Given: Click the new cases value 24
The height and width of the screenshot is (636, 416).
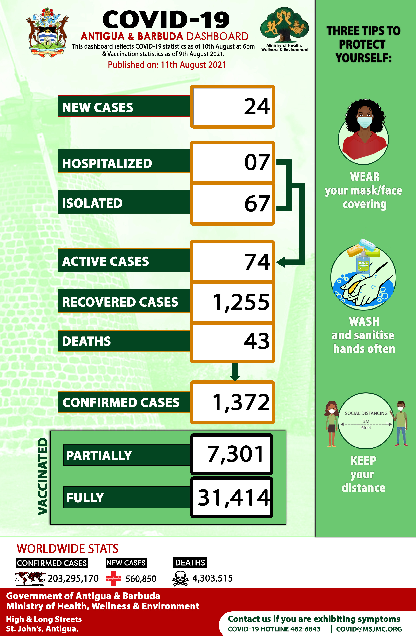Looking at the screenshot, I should pyautogui.click(x=257, y=107).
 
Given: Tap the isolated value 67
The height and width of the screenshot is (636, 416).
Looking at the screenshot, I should pyautogui.click(x=257, y=204).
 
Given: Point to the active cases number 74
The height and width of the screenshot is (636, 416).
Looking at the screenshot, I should pyautogui.click(x=257, y=262).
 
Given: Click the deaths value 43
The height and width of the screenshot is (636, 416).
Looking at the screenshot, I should pyautogui.click(x=257, y=341).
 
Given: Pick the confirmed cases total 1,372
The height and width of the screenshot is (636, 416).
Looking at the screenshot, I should pyautogui.click(x=241, y=402).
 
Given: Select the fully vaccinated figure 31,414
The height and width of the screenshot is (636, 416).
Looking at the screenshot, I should pyautogui.click(x=233, y=498).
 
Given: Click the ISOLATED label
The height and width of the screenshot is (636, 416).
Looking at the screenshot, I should pyautogui.click(x=92, y=203).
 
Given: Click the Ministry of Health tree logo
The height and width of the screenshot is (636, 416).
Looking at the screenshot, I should pyautogui.click(x=284, y=25).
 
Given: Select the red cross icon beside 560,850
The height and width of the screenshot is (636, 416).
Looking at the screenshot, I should pyautogui.click(x=113, y=579).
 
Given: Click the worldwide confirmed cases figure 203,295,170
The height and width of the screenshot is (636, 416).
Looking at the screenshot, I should pyautogui.click(x=73, y=579).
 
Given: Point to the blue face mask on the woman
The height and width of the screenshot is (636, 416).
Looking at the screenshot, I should pyautogui.click(x=365, y=122).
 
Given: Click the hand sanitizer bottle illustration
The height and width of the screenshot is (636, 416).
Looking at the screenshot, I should pyautogui.click(x=363, y=262).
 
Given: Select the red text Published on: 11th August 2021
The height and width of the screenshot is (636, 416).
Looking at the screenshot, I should pyautogui.click(x=167, y=65).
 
